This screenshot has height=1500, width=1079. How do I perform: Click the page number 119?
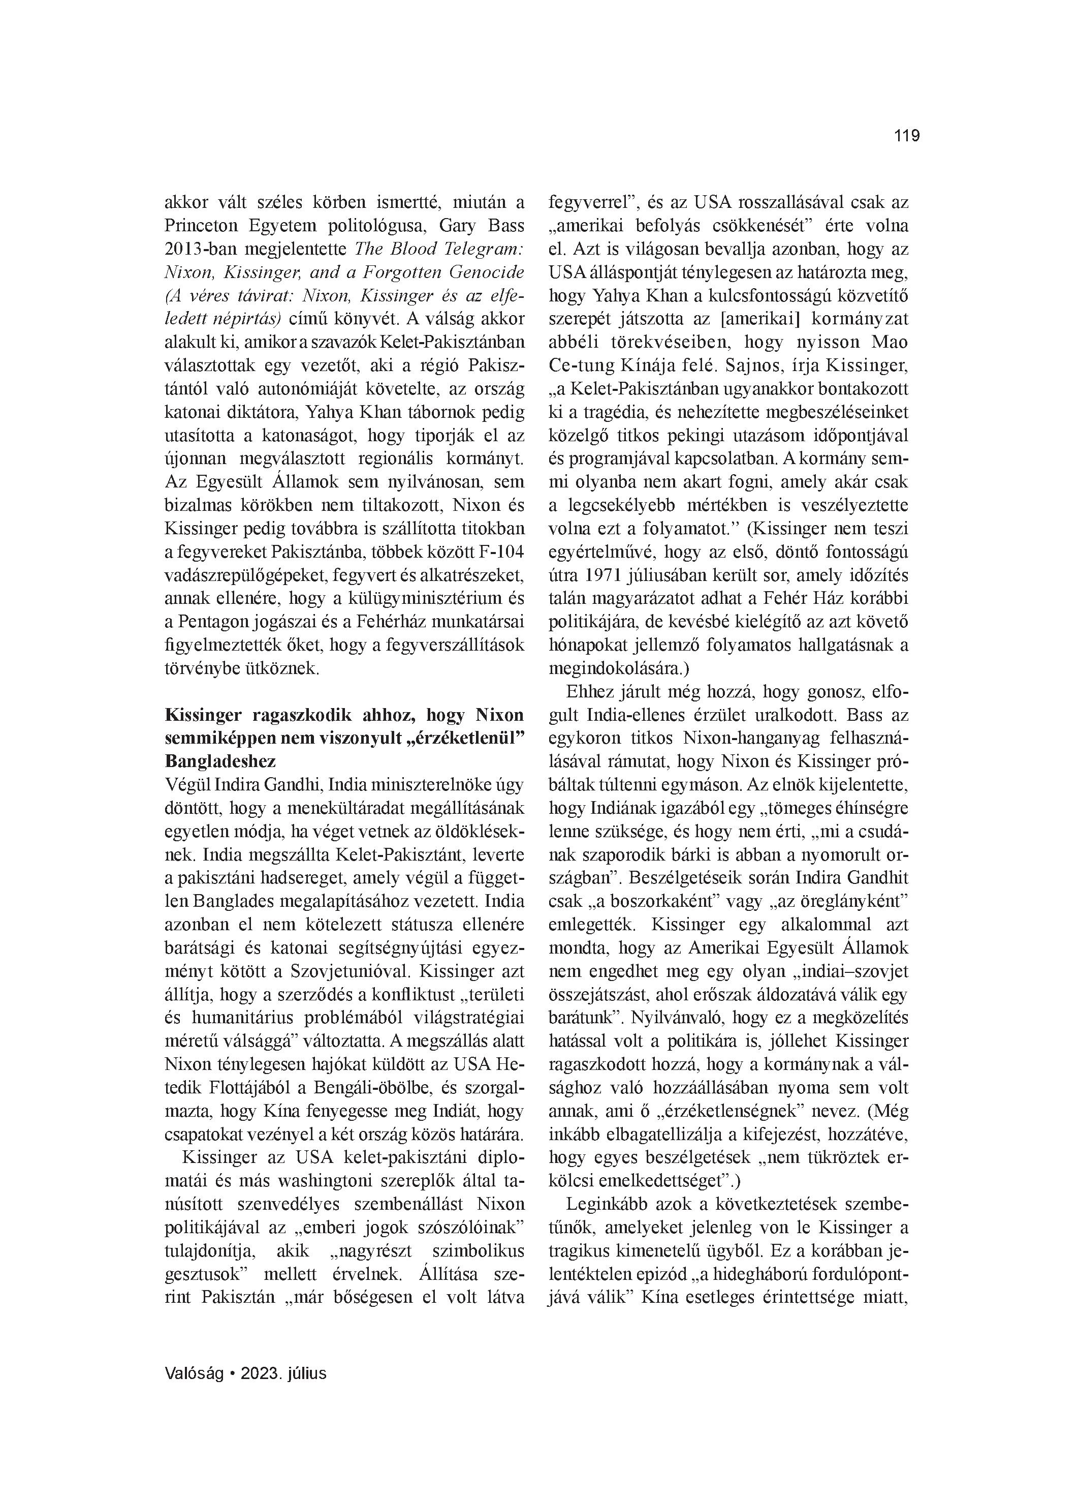point(906,136)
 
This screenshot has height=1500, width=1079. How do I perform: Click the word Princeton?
point(202,226)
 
